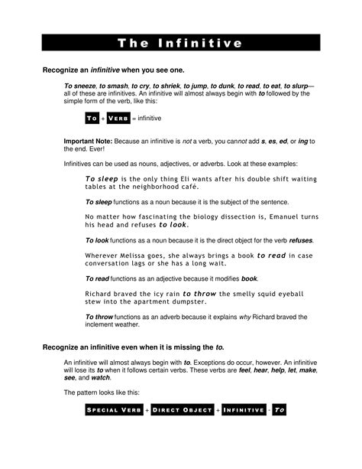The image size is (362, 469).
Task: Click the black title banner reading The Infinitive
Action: click(x=180, y=43)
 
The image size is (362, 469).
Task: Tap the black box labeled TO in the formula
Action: click(x=92, y=119)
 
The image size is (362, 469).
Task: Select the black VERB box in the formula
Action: click(x=118, y=119)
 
